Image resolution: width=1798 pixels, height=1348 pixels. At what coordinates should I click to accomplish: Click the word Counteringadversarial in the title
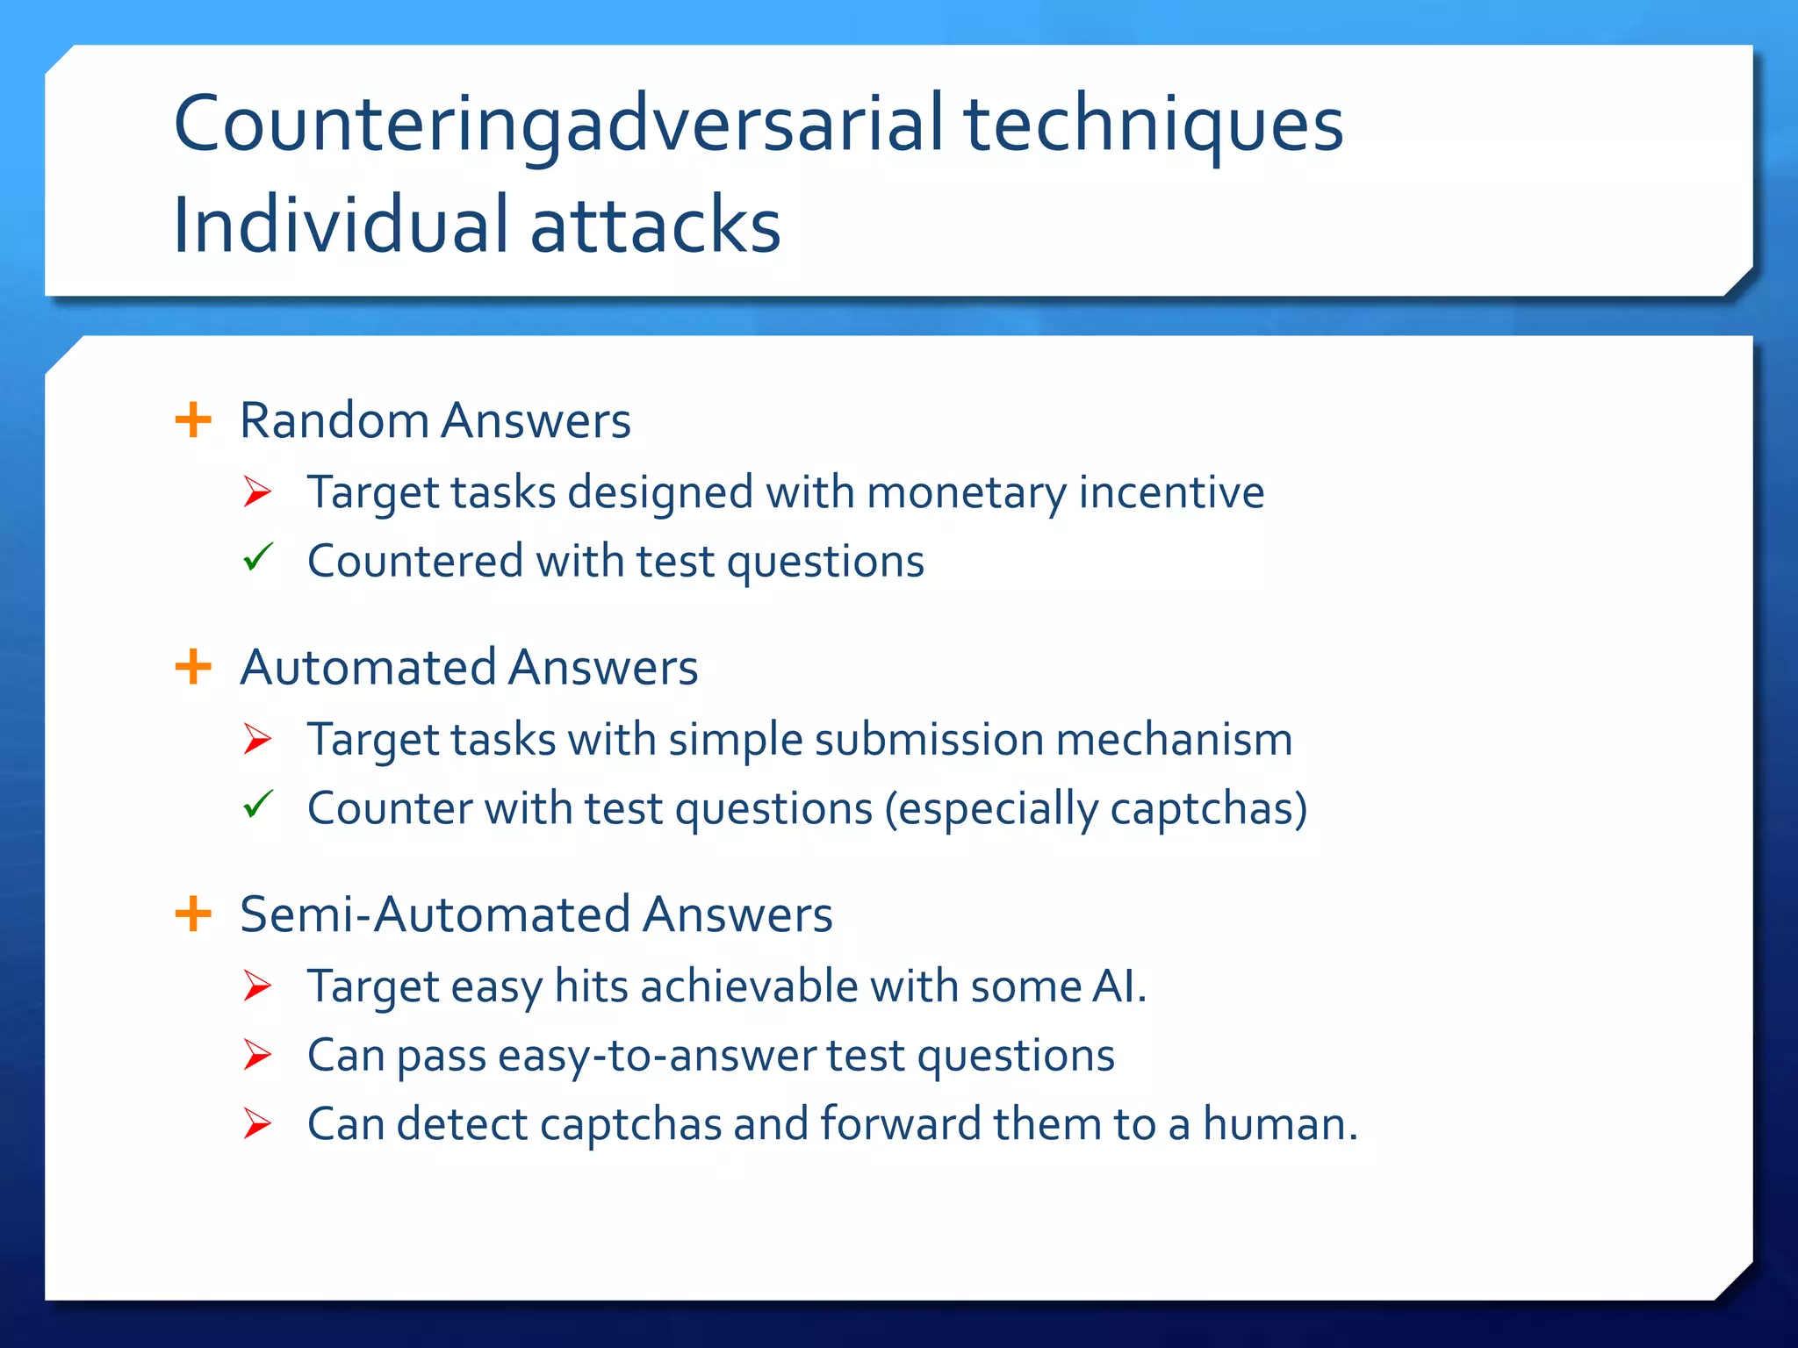[559, 125]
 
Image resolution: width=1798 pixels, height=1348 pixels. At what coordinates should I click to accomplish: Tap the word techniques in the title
[1154, 125]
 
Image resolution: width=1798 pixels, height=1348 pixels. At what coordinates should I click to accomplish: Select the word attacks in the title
[655, 226]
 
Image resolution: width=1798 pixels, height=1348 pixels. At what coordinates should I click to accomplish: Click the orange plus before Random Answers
[193, 419]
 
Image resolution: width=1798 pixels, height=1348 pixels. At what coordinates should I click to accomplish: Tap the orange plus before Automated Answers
[193, 667]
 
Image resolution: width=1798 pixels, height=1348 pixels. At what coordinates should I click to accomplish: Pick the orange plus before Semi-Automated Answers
[193, 914]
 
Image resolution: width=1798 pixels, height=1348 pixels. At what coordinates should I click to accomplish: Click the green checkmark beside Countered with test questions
[258, 557]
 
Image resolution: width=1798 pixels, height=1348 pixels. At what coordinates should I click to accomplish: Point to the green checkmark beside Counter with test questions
[258, 804]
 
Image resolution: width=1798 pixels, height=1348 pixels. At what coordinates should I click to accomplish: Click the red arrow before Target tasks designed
[257, 491]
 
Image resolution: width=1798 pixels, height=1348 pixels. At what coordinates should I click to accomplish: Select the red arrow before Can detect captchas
[257, 1123]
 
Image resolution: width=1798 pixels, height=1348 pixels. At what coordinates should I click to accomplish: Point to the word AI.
[1118, 986]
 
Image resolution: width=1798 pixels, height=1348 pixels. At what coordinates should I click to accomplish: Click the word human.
[1279, 1124]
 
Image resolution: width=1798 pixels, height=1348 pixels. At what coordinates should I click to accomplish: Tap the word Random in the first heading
[334, 420]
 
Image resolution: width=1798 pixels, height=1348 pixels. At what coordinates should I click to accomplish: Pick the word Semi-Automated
[435, 914]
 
